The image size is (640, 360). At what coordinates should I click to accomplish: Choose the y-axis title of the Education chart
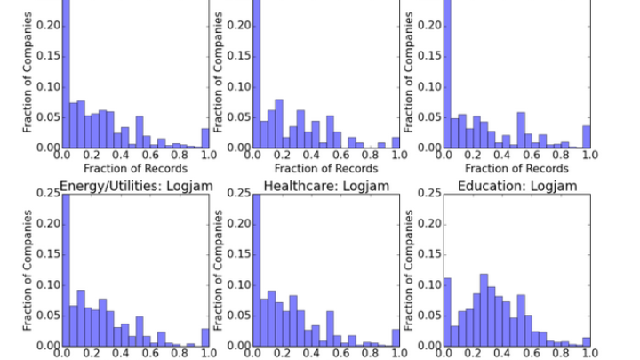[410, 268]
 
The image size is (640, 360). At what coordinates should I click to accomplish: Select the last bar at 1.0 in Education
[586, 341]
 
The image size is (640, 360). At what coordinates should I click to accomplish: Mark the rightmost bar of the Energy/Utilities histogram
[205, 337]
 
